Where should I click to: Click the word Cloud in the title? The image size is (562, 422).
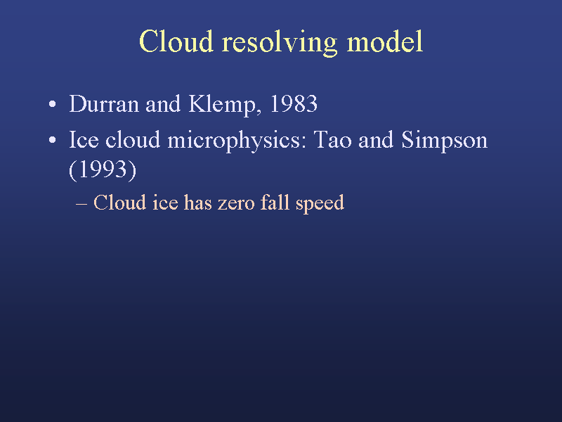point(176,41)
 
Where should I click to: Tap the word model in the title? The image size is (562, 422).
point(385,41)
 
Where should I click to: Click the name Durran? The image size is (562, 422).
point(104,104)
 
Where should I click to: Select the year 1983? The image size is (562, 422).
point(294,104)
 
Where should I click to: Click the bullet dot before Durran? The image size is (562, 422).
point(52,104)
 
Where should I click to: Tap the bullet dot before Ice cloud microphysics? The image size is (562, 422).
point(52,140)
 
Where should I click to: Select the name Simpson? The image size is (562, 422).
point(445,141)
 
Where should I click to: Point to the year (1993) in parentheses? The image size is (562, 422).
point(103,170)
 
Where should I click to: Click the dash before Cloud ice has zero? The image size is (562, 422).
point(81,203)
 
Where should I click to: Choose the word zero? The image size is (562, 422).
point(236,203)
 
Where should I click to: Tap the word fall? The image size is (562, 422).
point(275,202)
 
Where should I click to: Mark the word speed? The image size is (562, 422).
point(320,203)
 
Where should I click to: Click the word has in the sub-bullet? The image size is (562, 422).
point(198,202)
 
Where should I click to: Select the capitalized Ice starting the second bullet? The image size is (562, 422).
point(84,139)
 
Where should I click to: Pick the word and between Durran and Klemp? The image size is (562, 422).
point(163,104)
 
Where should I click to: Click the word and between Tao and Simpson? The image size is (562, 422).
point(376,139)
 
